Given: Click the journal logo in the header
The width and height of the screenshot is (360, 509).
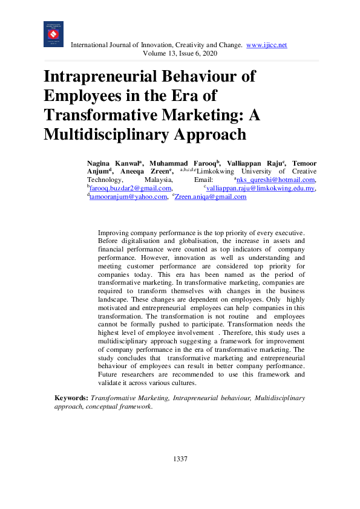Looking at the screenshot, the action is (53, 34).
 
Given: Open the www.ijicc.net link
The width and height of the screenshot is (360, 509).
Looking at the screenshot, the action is (267, 45).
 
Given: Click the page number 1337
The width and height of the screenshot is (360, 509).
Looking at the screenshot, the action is (180, 459).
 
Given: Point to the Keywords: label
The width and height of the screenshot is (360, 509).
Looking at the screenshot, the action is (71, 398).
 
